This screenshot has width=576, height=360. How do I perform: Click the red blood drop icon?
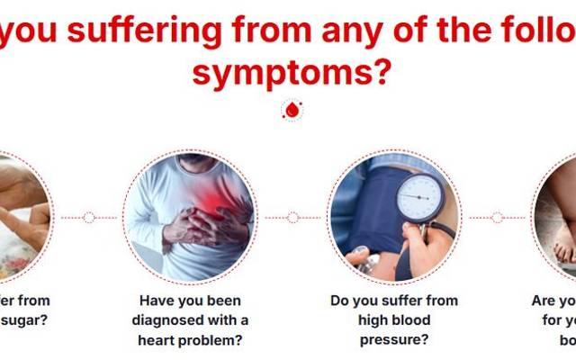pos(292,111)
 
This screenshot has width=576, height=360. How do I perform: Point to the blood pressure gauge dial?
pos(418,193)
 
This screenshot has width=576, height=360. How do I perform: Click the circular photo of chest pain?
pos(189,217)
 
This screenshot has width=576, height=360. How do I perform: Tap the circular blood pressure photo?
pos(394,217)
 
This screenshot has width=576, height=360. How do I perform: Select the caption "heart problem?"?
pos(190,339)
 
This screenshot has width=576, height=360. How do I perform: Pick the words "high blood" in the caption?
pos(393,319)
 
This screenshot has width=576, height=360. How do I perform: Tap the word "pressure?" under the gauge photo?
pos(393,339)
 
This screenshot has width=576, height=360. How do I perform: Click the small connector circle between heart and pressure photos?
pos(292,217)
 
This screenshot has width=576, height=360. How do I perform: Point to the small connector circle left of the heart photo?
pos(88,217)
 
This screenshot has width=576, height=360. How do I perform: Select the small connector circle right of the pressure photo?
pos(497,217)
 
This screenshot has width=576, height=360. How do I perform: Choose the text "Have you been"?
pos(190,300)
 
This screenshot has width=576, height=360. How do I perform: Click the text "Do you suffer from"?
pos(393,300)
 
